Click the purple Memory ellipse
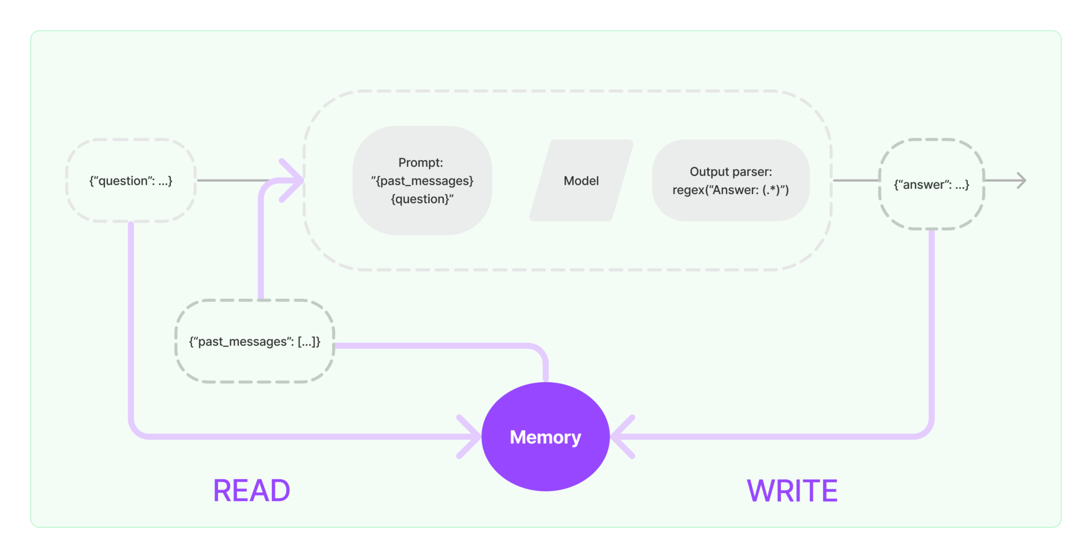(x=545, y=436)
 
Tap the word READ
(x=251, y=491)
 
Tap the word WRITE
(x=792, y=491)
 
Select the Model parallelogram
(x=581, y=181)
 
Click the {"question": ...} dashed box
(x=131, y=181)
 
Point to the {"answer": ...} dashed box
(x=931, y=184)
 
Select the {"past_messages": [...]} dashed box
(x=254, y=342)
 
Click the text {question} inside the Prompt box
(x=422, y=199)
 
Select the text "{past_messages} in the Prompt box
(x=422, y=181)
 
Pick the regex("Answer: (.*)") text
(x=730, y=190)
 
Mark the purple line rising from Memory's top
(x=545, y=368)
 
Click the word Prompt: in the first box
(x=421, y=163)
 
